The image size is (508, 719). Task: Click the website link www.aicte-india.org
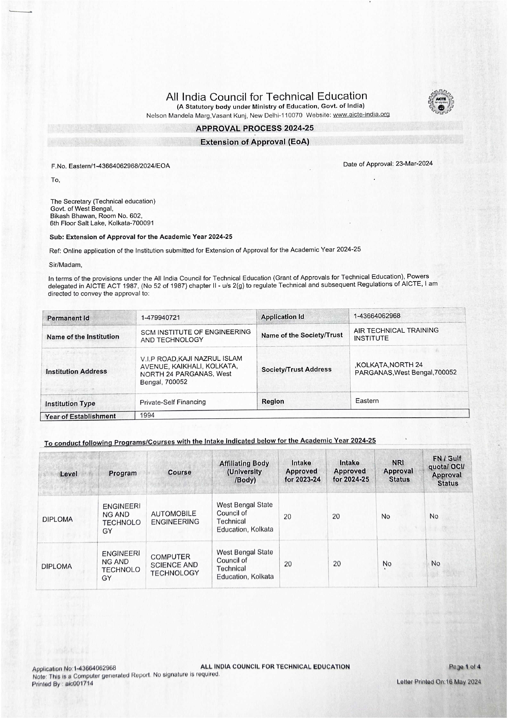(x=361, y=115)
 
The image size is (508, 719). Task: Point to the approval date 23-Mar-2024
(x=414, y=164)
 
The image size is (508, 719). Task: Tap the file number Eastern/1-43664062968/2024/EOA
(x=119, y=166)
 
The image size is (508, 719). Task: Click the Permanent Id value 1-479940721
(x=161, y=317)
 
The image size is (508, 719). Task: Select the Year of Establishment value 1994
(x=147, y=415)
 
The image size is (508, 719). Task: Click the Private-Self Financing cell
(x=173, y=402)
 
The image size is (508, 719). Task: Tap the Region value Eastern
(x=367, y=401)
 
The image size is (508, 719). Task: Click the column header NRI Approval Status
(x=398, y=471)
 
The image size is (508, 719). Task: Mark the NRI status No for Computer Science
(x=387, y=564)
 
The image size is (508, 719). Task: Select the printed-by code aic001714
(x=79, y=684)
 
